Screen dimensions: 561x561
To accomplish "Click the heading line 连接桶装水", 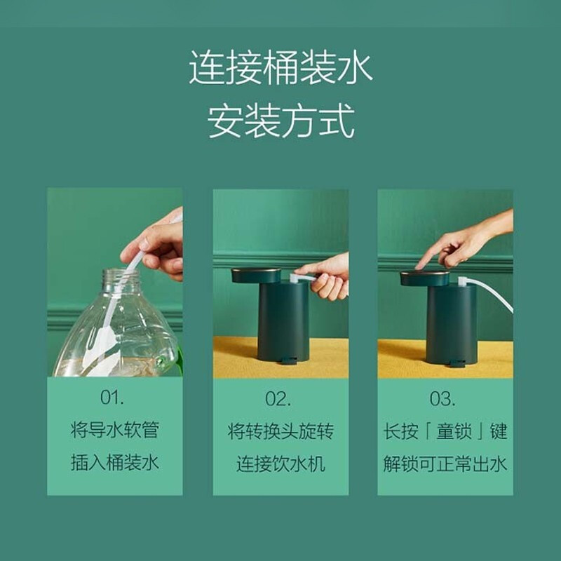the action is [x=280, y=67].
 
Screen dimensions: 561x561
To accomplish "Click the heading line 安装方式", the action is [x=281, y=121].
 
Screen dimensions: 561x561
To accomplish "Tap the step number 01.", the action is [x=112, y=397].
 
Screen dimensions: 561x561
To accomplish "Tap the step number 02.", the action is [x=278, y=398].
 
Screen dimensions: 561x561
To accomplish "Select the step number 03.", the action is [x=442, y=398].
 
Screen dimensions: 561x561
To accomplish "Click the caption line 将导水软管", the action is [x=115, y=430].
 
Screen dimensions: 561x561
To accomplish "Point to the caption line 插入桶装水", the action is [x=115, y=462].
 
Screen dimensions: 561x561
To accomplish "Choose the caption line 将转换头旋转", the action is [x=280, y=431].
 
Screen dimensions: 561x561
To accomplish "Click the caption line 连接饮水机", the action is [x=280, y=464].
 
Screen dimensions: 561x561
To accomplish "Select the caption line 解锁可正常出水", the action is [x=445, y=464].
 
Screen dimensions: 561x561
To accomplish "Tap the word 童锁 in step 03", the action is [x=454, y=431].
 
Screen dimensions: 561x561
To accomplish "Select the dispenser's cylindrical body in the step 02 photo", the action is [x=283, y=320].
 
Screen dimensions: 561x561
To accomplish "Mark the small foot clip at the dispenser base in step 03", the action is [x=457, y=363].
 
